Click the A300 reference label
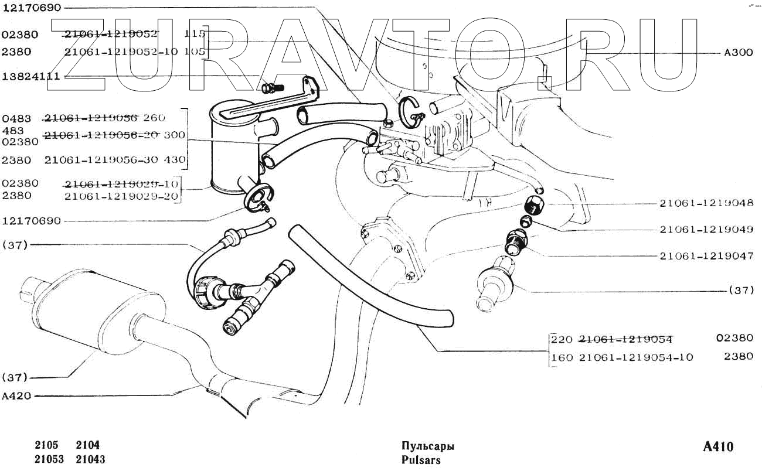[x=738, y=52]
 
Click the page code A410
[x=717, y=448]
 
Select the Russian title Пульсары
[x=428, y=446]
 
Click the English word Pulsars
[x=421, y=460]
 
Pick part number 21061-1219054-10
[x=627, y=357]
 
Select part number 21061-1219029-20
[x=121, y=196]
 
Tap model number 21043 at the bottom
[x=91, y=460]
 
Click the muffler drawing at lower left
[x=88, y=310]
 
